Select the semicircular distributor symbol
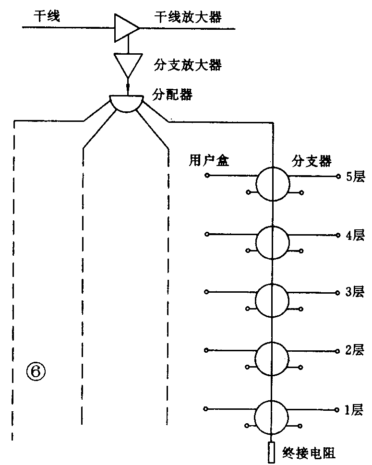[x=126, y=103]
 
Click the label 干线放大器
[x=188, y=18]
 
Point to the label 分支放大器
[x=188, y=65]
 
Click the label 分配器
[x=173, y=95]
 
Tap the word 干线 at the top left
[x=47, y=18]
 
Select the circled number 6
[x=36, y=371]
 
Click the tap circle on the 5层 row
[x=273, y=184]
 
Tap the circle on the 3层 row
[x=273, y=300]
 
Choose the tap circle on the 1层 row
[x=273, y=416]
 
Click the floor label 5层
[x=355, y=177]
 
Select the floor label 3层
[x=355, y=292]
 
